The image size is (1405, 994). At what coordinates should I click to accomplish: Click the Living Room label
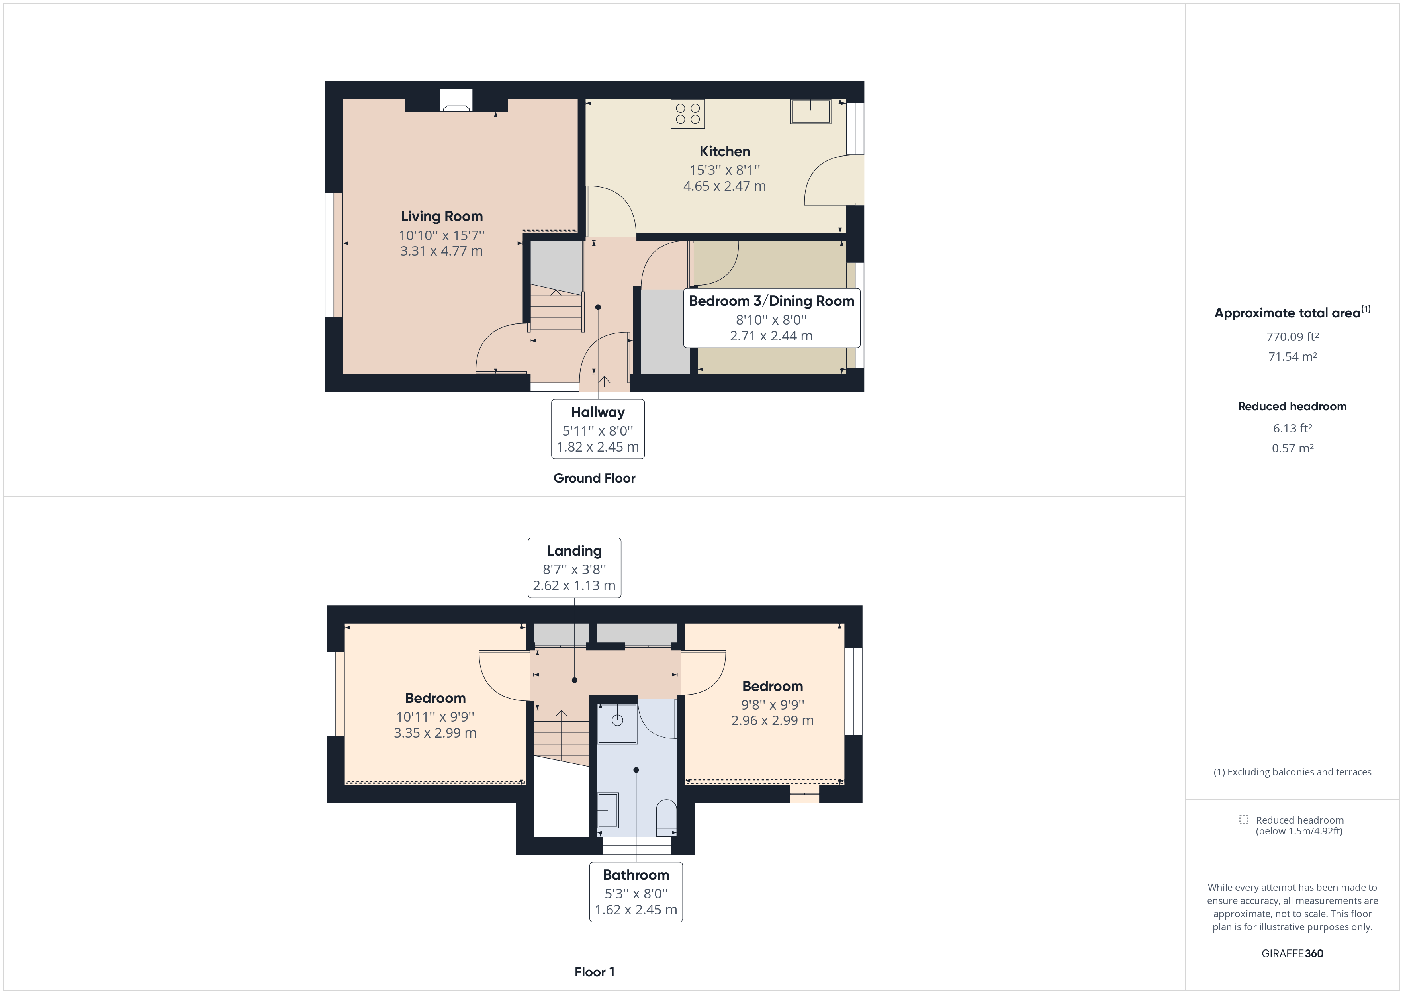[441, 216]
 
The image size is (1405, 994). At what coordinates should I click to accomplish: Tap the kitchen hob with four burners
[687, 114]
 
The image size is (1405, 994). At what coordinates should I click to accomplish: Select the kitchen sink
[810, 112]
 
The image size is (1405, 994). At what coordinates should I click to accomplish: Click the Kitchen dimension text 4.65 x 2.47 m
[724, 186]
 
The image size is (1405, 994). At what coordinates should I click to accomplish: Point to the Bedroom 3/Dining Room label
[771, 301]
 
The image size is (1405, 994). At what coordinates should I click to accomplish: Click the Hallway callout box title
[597, 413]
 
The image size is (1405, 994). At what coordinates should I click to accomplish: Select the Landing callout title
[574, 551]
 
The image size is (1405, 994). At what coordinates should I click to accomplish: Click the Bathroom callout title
[636, 875]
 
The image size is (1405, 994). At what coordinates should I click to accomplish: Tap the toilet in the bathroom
[666, 818]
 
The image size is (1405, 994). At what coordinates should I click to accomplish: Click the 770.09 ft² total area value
[1292, 337]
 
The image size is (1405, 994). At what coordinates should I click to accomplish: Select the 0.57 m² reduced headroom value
[1292, 448]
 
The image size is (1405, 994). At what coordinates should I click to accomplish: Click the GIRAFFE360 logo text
[1292, 953]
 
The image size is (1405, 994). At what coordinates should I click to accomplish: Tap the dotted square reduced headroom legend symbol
[1243, 820]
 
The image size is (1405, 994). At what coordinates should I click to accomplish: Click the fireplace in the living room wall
[456, 101]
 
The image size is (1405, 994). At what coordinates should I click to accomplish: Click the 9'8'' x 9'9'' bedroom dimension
[772, 704]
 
